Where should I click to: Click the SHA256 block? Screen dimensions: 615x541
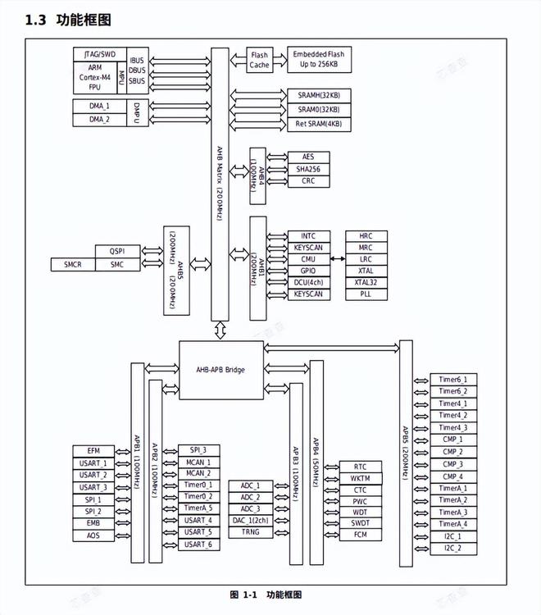click(x=307, y=169)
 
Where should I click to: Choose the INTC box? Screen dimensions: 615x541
click(x=307, y=235)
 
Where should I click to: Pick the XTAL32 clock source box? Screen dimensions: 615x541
click(x=365, y=282)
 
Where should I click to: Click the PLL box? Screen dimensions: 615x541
click(x=365, y=294)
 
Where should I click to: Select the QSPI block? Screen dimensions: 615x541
click(x=117, y=251)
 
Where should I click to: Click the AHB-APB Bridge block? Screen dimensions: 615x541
click(x=220, y=369)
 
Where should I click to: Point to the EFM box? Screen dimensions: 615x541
click(x=93, y=451)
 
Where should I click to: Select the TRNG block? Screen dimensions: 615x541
click(x=251, y=532)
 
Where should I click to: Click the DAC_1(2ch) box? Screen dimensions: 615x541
click(x=251, y=520)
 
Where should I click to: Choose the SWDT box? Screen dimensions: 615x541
click(x=360, y=523)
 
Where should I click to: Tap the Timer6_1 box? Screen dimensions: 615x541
click(x=452, y=380)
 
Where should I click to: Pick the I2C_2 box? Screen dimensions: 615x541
click(x=452, y=548)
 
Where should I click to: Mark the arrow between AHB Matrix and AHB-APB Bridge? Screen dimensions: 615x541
click(x=220, y=330)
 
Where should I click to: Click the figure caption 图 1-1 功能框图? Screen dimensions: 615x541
click(x=266, y=594)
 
